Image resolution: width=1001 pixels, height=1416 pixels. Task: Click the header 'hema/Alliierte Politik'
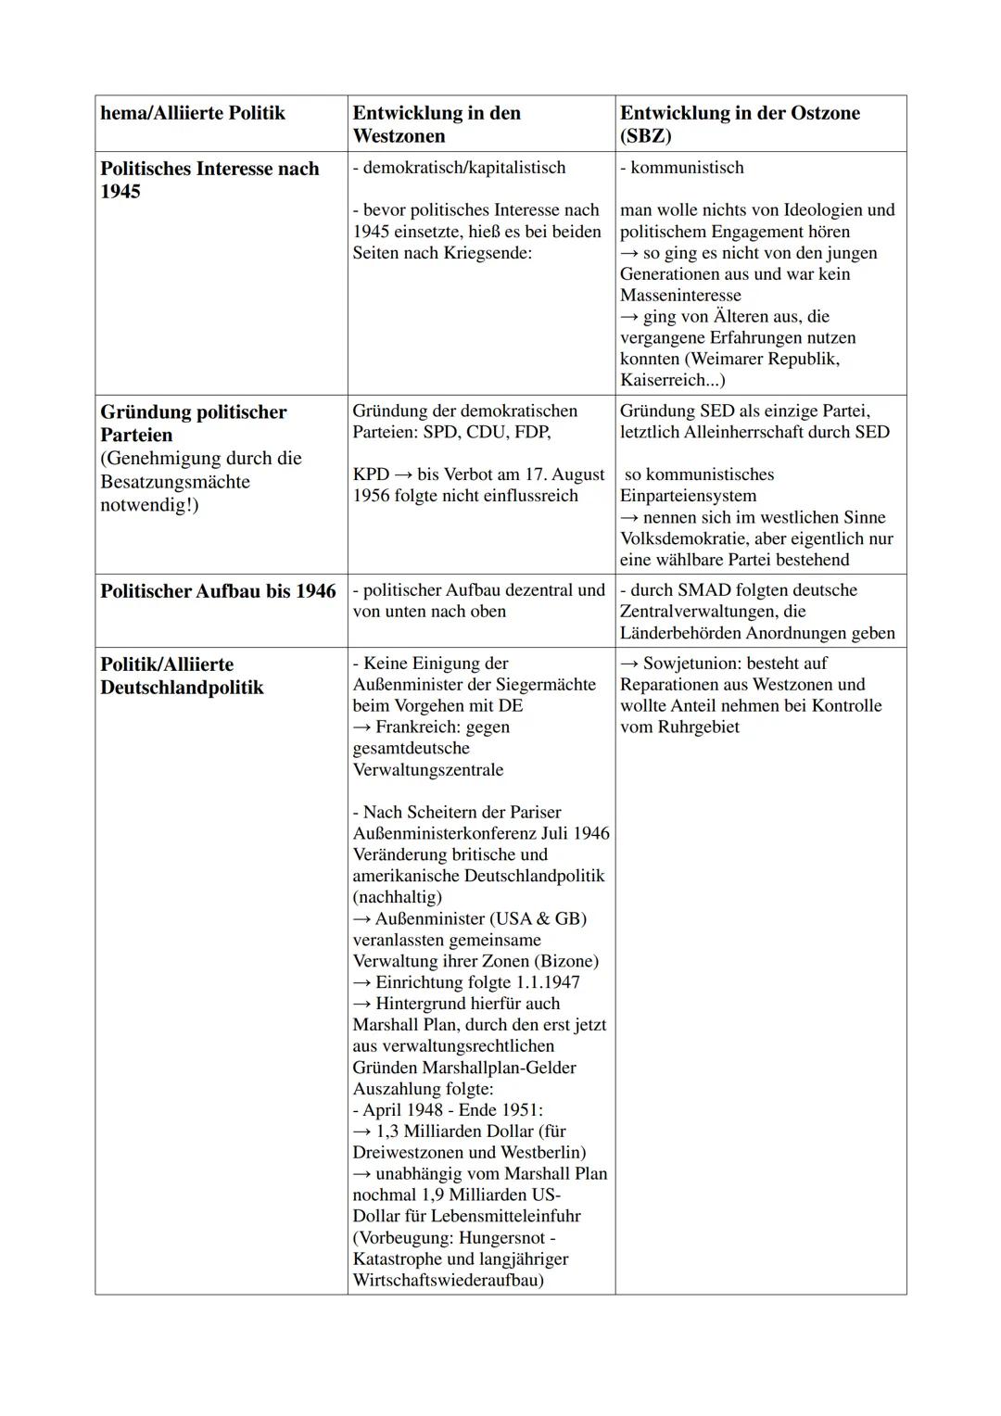pos(193,113)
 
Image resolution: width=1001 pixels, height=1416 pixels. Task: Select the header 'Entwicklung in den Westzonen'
pos(437,124)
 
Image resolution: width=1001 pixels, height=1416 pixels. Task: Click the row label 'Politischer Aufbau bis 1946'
pos(218,591)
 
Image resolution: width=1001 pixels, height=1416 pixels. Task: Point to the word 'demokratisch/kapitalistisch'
pos(463,168)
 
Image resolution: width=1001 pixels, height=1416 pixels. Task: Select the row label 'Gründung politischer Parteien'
pos(193,424)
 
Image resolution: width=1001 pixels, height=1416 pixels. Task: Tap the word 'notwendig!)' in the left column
pos(149,505)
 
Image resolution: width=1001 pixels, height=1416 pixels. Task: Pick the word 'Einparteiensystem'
pos(688,496)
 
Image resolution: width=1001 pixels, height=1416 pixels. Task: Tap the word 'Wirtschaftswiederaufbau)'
pos(448,1281)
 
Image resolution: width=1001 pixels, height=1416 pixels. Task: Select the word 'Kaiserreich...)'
pos(673,381)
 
